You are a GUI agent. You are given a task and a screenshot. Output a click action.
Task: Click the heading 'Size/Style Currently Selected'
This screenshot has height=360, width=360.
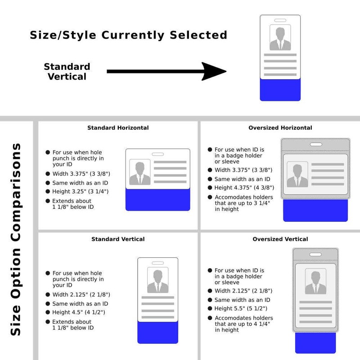tap(128, 35)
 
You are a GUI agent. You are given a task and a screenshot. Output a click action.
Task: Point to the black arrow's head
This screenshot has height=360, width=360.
tap(213, 71)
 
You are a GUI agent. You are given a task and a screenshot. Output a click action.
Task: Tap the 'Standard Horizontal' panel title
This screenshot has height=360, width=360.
tap(118, 128)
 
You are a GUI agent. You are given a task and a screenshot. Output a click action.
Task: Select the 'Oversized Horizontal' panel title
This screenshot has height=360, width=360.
tap(280, 128)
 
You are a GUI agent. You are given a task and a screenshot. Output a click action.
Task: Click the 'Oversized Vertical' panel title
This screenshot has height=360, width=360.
tap(280, 239)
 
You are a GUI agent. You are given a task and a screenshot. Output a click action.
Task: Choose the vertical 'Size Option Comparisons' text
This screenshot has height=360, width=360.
tap(16, 240)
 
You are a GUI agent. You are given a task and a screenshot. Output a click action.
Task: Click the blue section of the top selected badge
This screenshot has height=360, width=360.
tap(280, 90)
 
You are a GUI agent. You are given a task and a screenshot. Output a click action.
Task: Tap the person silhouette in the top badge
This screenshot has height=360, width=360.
tap(280, 39)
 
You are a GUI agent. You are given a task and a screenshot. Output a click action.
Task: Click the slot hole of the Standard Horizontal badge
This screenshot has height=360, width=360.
tap(158, 154)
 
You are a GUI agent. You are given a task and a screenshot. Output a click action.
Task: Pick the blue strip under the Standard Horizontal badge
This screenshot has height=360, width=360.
tap(158, 200)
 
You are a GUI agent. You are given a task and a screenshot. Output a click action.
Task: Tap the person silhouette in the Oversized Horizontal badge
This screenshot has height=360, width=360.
tap(297, 175)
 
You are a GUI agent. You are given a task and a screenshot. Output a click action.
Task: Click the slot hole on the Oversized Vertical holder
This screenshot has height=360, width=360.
tap(315, 254)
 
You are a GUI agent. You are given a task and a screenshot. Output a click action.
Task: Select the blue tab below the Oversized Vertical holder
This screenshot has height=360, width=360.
tap(315, 343)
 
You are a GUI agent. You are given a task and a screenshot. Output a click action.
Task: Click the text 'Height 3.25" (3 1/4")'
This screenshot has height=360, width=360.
tap(81, 192)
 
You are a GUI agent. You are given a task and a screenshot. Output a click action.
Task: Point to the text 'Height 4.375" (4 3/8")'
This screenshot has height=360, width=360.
tap(244, 188)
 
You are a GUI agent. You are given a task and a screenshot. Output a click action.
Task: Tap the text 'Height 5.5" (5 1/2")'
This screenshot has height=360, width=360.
tap(241, 309)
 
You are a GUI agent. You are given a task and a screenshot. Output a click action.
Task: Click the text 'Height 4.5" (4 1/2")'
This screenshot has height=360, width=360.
tap(79, 312)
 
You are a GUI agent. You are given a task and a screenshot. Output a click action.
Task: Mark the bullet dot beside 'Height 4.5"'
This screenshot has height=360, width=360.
tap(48, 312)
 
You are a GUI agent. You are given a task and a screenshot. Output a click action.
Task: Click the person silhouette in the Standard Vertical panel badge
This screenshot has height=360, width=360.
tap(158, 281)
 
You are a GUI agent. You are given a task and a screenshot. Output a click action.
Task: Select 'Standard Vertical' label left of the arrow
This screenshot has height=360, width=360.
tap(67, 72)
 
